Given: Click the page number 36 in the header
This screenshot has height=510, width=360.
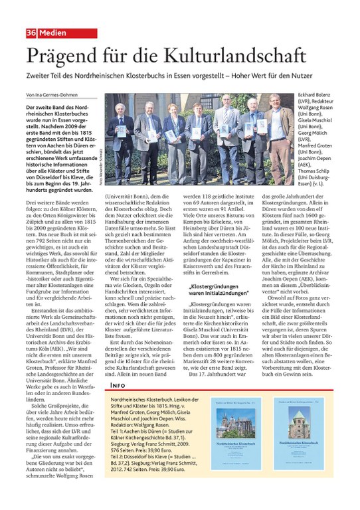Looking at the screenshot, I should [x=31, y=33].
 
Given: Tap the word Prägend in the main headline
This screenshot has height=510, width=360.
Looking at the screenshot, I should [x=65, y=56].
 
